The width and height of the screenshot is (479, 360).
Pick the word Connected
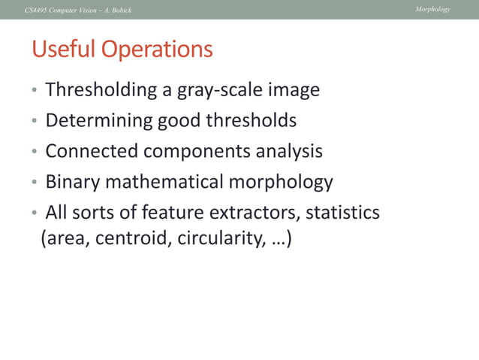click(92, 152)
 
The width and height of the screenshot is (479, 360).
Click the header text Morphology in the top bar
click(434, 9)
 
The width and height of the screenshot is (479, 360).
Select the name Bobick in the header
click(120, 10)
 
